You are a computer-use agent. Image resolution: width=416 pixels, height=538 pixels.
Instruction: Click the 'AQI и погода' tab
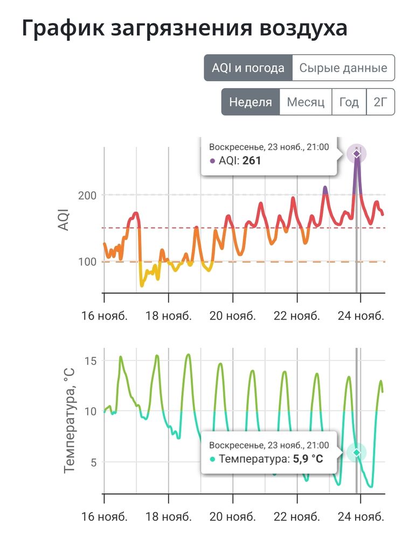click(x=248, y=68)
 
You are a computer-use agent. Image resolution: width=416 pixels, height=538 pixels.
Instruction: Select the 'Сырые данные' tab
click(x=343, y=68)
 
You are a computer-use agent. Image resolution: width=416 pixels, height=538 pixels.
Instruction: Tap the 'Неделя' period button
click(x=251, y=102)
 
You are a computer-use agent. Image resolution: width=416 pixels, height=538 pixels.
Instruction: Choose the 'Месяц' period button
click(x=306, y=102)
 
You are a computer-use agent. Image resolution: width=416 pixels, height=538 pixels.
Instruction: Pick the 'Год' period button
click(x=349, y=102)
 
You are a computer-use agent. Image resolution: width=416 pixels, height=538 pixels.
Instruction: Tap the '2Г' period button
click(x=380, y=102)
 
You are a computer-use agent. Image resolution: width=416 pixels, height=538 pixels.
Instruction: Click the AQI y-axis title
click(x=64, y=220)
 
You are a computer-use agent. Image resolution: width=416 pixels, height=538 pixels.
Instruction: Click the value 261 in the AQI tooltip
click(x=252, y=160)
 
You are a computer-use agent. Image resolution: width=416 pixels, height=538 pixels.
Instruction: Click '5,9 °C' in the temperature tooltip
click(x=307, y=459)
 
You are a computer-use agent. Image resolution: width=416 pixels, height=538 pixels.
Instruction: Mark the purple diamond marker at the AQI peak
click(x=356, y=154)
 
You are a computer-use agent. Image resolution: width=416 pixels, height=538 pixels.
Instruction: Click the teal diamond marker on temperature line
click(x=356, y=452)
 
